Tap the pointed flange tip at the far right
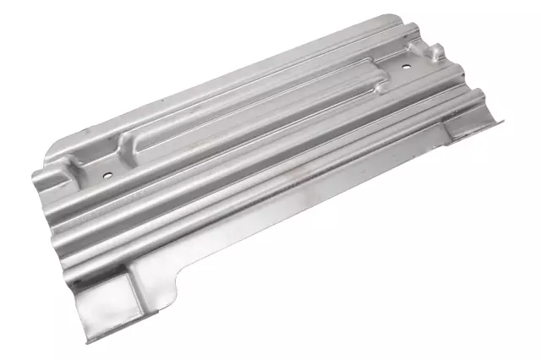click(x=502, y=121)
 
